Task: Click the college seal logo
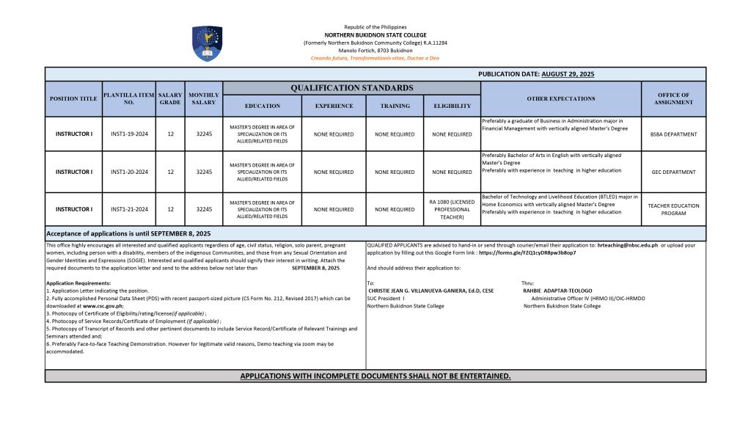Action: tap(207, 43)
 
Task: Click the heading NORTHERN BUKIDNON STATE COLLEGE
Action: tap(375, 34)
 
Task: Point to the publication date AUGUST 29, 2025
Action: tap(568, 74)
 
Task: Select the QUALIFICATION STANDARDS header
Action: tap(351, 88)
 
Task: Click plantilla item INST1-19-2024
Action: tap(129, 134)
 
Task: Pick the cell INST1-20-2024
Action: tap(129, 172)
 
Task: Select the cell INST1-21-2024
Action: tap(129, 209)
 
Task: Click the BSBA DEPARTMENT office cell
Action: tap(673, 134)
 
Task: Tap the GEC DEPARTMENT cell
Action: tap(673, 172)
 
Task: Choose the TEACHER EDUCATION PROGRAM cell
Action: tap(673, 209)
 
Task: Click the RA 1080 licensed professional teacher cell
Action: tap(452, 209)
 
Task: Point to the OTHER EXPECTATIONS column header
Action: tap(560, 98)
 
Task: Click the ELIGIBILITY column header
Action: tap(452, 106)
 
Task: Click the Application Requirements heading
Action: tap(78, 283)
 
